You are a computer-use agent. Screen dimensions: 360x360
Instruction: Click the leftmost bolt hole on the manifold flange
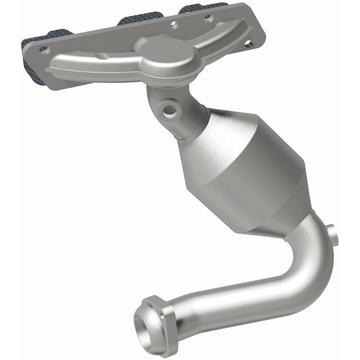pos(43,49)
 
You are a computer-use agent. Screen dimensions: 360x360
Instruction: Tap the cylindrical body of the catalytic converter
pos(250,165)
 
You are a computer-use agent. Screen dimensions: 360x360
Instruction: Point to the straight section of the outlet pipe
pos(230,300)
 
